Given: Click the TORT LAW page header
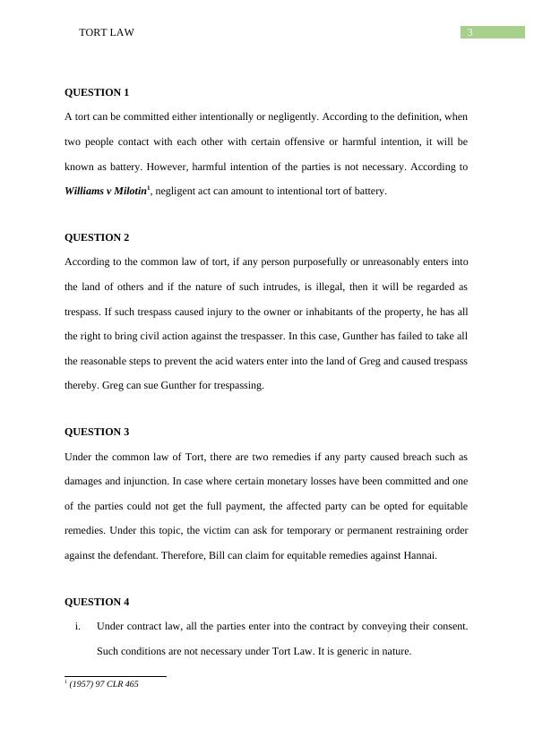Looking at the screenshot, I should pyautogui.click(x=107, y=32).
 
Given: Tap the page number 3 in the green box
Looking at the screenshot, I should pyautogui.click(x=469, y=32).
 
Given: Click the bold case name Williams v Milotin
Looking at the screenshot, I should pyautogui.click(x=106, y=192).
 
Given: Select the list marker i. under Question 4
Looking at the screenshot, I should pyautogui.click(x=80, y=626).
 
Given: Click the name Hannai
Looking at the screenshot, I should pyautogui.click(x=418, y=555).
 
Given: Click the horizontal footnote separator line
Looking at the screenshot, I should pyautogui.click(x=116, y=676).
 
